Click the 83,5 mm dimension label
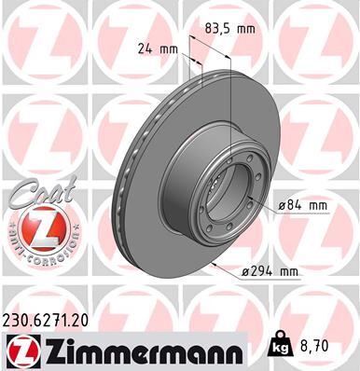coord(229,29)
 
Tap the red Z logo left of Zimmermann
coord(21,350)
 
